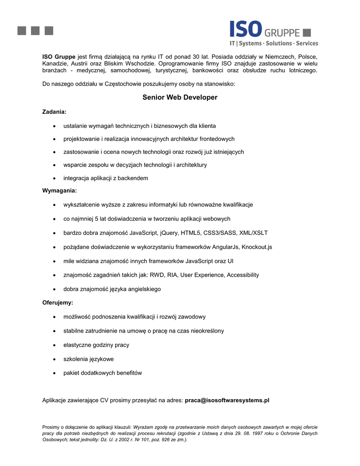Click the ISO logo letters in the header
[x=245, y=28]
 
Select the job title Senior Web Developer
[x=180, y=97]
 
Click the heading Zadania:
[x=54, y=111]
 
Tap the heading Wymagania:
[x=60, y=190]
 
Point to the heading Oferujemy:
[x=58, y=302]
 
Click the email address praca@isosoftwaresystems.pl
[x=227, y=400]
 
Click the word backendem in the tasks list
[x=133, y=178]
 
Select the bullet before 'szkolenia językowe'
[x=54, y=360]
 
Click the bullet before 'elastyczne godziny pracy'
[x=54, y=345]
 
